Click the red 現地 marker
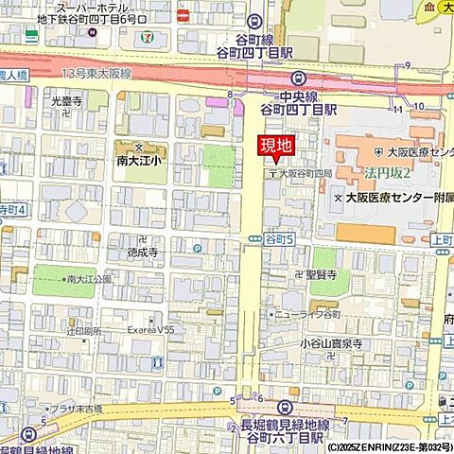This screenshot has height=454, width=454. coord(277,146)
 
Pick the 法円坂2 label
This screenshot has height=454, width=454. coord(387,173)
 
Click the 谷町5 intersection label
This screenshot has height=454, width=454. coord(281,240)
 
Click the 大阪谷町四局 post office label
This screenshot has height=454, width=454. coord(306,175)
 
